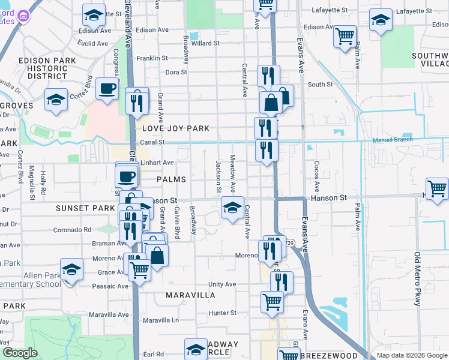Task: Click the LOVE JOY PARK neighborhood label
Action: [176, 128]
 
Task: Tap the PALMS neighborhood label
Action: [171, 179]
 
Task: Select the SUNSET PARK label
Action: [85, 208]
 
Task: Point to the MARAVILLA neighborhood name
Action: [190, 295]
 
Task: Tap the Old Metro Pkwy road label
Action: [417, 280]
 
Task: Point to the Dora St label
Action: [176, 72]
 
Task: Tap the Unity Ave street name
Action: [222, 284]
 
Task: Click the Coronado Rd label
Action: [71, 229]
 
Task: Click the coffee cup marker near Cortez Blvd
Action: [107, 89]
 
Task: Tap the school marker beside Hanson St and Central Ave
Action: [232, 208]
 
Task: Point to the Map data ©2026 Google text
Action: [412, 355]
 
